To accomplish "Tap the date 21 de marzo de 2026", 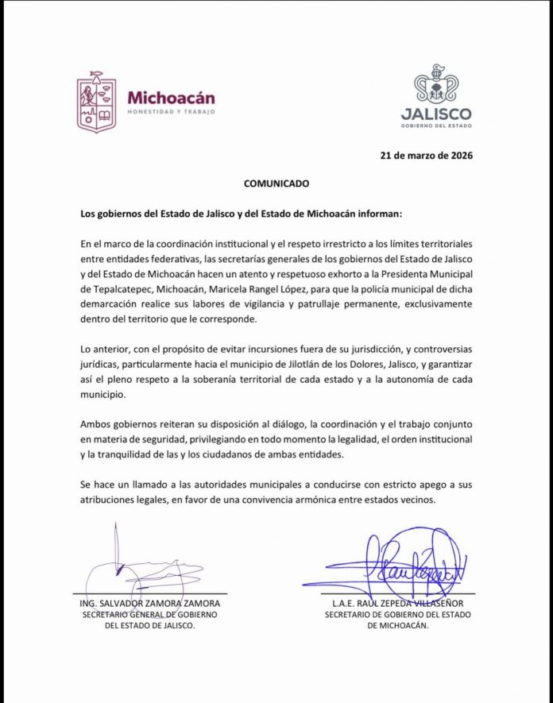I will coord(426,156).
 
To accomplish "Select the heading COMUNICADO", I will coord(276,183).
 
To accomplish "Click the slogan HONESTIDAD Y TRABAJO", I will coord(169,114).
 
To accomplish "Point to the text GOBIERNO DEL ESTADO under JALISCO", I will coord(436,126).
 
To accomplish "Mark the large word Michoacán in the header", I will coord(171,98).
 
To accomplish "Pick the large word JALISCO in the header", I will coord(436,113).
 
